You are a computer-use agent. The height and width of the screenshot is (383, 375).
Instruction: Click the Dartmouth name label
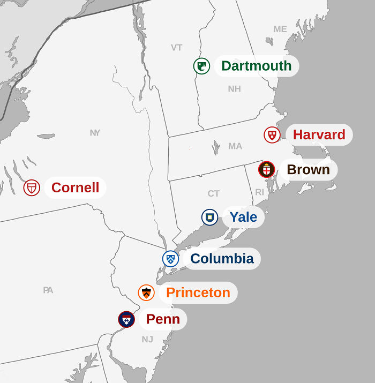click(256, 66)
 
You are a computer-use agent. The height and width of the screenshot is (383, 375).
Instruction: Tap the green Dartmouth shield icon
click(201, 66)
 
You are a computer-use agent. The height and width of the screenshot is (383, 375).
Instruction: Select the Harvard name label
click(319, 134)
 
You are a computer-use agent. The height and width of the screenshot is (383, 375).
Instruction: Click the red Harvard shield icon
click(272, 134)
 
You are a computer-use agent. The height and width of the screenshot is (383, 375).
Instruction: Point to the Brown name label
click(308, 169)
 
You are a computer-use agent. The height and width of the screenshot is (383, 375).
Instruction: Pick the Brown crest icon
click(266, 169)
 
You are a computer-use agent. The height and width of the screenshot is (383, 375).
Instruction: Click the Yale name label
click(243, 217)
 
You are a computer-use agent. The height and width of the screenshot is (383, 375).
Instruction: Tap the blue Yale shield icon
click(209, 217)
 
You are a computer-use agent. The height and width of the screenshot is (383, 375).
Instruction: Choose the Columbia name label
click(222, 259)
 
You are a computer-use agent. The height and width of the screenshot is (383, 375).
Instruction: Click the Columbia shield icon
click(170, 259)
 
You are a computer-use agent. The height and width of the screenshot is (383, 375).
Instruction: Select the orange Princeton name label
click(198, 292)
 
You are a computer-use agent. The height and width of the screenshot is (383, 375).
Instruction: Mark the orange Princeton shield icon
click(146, 292)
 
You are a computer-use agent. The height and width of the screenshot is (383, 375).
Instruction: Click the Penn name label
click(163, 319)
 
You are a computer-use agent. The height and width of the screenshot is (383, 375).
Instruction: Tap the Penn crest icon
click(126, 319)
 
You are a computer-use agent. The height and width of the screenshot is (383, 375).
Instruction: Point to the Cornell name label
click(75, 187)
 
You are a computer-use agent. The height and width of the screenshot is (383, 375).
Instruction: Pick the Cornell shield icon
click(32, 187)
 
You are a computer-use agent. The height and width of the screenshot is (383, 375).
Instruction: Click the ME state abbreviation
click(280, 29)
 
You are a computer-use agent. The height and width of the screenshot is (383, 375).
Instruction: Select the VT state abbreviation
click(177, 47)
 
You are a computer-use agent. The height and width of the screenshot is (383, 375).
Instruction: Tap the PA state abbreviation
click(48, 290)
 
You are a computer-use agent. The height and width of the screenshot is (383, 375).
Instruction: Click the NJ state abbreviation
click(147, 339)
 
